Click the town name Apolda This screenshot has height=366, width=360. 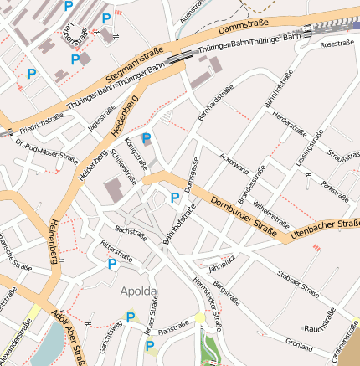(x=138, y=291)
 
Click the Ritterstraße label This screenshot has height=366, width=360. (x=116, y=250)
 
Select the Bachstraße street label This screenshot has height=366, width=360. (x=131, y=232)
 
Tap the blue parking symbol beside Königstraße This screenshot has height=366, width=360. (x=147, y=139)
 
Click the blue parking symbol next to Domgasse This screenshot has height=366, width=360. (x=175, y=198)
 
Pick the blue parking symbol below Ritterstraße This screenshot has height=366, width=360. (x=112, y=264)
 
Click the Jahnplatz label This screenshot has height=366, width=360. (x=219, y=266)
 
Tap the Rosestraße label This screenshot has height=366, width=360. (x=337, y=43)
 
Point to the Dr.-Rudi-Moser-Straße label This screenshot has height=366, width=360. (x=46, y=149)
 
